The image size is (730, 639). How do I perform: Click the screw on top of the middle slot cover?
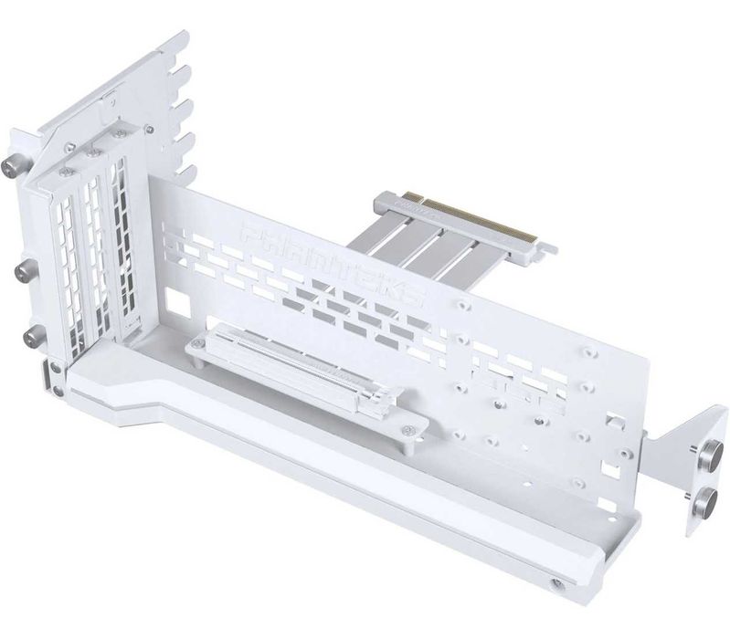tap(90, 154)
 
